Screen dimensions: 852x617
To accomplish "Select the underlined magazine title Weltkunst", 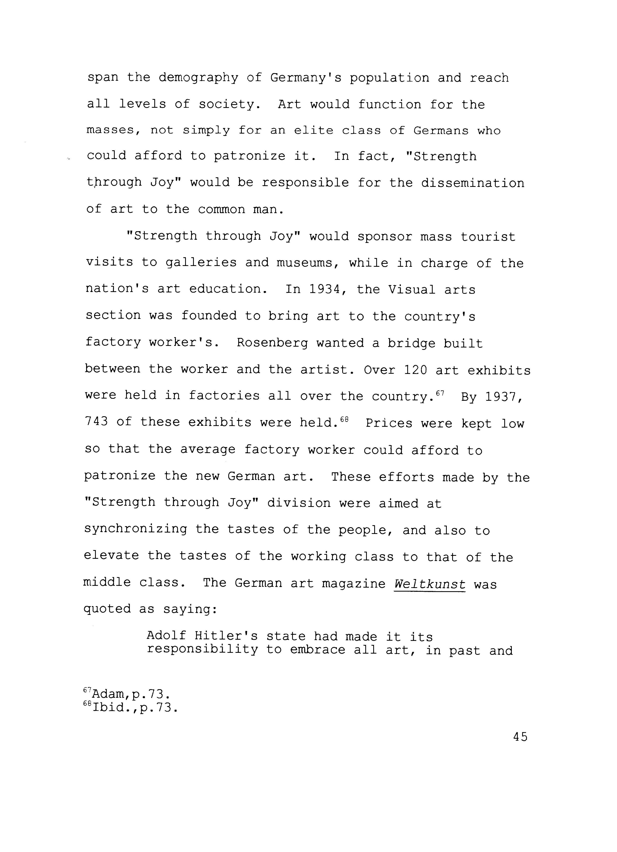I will pos(429,584).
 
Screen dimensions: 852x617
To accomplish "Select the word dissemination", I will pos(472,183).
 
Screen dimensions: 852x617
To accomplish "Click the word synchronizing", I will pos(136,529).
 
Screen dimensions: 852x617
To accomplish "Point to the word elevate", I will pos(111,556).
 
